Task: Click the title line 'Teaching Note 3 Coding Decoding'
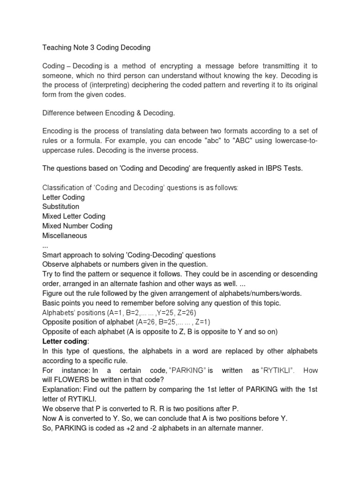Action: (97, 47)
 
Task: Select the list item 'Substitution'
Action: (61, 207)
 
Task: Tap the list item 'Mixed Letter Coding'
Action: (74, 217)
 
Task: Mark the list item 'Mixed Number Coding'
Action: (77, 226)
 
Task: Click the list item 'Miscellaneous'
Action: (65, 236)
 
